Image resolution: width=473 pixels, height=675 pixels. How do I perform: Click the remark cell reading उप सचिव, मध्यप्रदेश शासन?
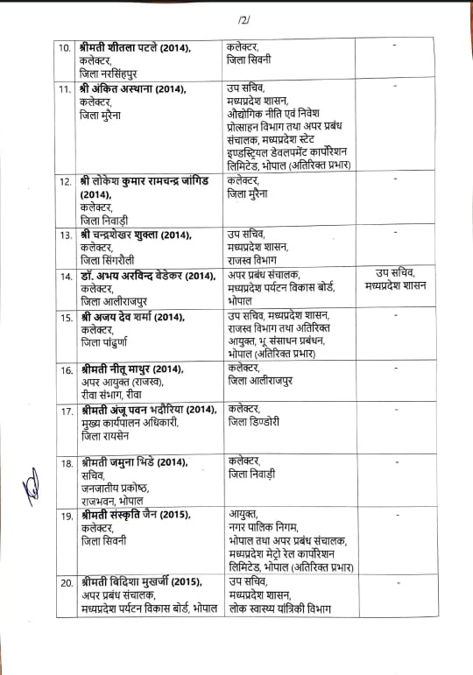(x=394, y=279)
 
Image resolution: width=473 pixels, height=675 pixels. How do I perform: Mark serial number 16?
(x=65, y=370)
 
